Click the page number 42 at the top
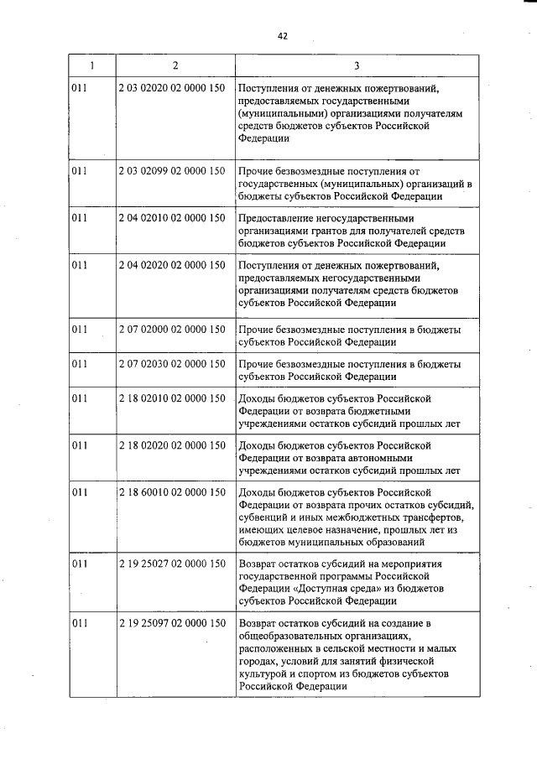[x=281, y=36]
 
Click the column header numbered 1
[x=91, y=65]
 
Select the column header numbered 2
[x=175, y=65]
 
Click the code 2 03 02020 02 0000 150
[x=172, y=88]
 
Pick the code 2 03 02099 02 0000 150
[x=172, y=171]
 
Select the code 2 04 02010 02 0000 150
[x=172, y=218]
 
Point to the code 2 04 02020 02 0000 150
[x=172, y=266]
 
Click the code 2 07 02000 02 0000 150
[x=172, y=330]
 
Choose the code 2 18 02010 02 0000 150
[x=172, y=399]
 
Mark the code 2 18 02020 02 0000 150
[x=172, y=446]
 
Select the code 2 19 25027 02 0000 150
[x=172, y=564]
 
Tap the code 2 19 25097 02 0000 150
[x=172, y=624]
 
